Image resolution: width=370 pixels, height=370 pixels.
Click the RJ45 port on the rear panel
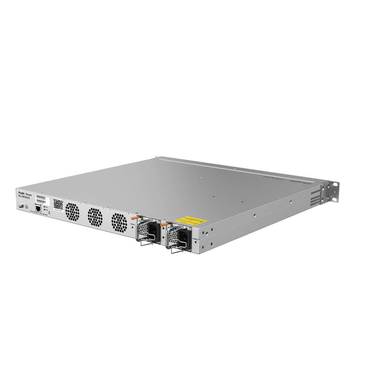click(38, 208)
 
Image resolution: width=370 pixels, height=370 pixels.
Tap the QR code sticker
click(58, 203)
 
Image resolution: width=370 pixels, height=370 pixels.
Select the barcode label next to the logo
click(43, 199)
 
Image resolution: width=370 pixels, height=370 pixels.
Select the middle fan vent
click(95, 216)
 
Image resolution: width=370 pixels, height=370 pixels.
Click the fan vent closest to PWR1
click(119, 221)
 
